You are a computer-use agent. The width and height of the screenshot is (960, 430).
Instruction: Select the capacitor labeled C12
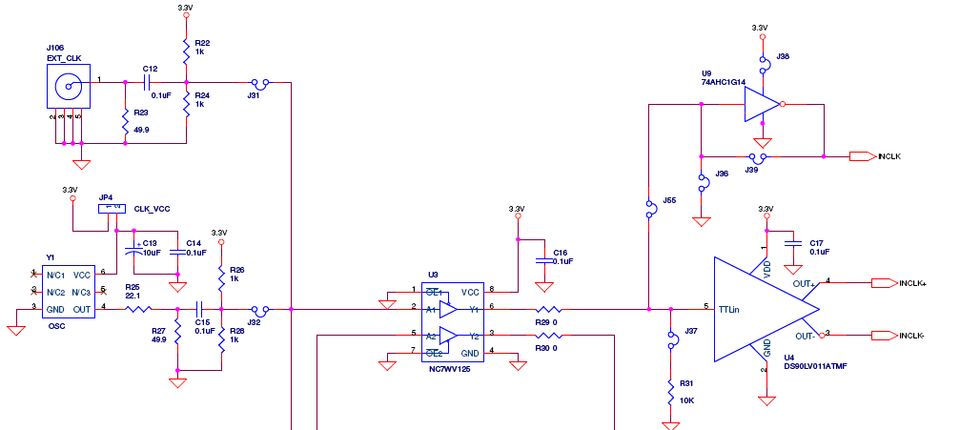[147, 83]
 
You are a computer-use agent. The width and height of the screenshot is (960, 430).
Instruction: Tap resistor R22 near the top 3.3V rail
[186, 49]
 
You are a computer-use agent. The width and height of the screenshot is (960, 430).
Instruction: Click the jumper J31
[257, 83]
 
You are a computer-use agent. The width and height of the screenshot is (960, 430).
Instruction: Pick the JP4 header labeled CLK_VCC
[112, 208]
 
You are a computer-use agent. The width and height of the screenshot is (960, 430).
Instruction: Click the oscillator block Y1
[67, 291]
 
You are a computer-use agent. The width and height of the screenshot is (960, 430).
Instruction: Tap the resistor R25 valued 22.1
[139, 309]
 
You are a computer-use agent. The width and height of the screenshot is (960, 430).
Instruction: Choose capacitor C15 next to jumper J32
[200, 309]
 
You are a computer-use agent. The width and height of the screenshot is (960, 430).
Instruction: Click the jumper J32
[257, 309]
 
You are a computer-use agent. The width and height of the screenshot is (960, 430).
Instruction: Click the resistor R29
[547, 309]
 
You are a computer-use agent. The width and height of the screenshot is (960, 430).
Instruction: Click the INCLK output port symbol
[861, 155]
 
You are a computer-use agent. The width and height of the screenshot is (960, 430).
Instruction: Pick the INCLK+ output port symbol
[884, 282]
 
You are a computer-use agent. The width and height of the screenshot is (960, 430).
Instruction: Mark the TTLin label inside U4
[729, 309]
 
